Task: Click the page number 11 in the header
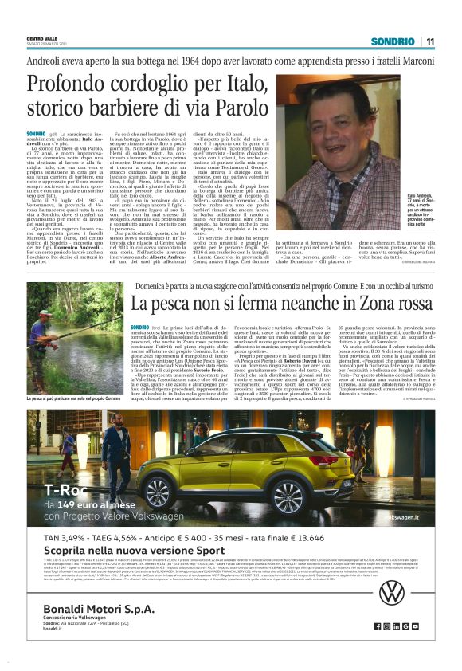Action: (x=429, y=42)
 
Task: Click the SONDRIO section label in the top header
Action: (x=393, y=42)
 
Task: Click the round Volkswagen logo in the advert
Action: (x=391, y=593)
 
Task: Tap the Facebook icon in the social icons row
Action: (x=378, y=626)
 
